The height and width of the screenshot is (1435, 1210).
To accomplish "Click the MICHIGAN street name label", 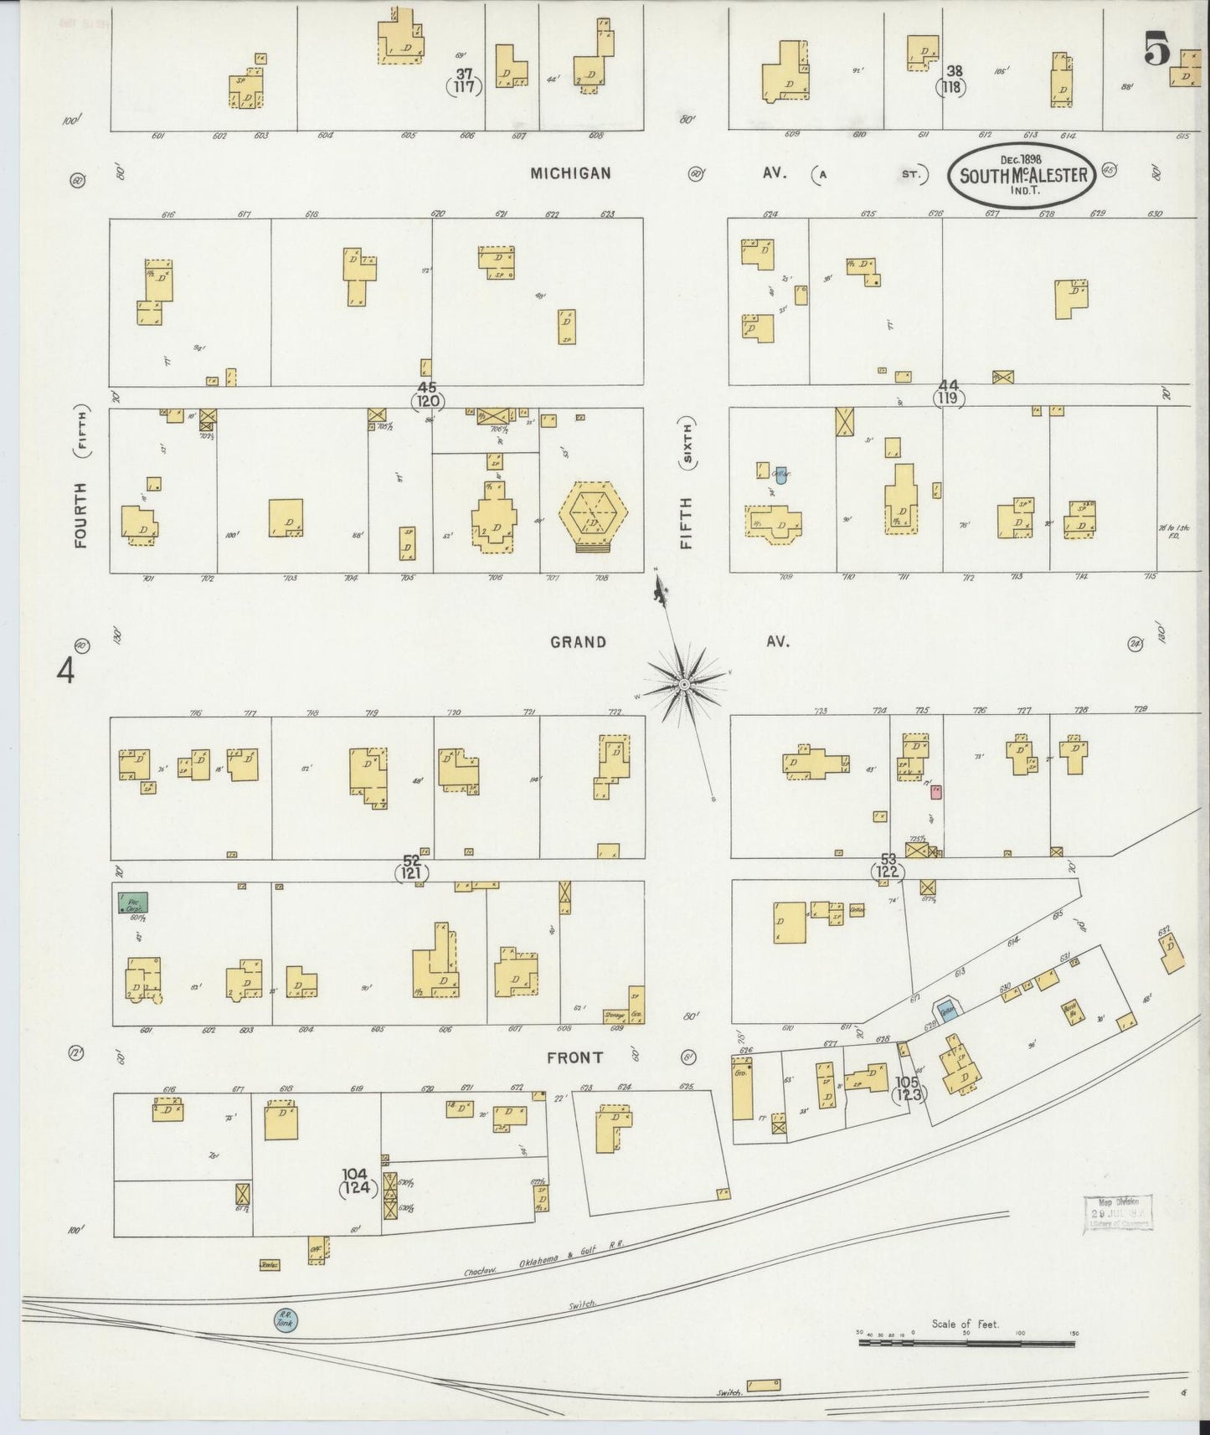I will tap(569, 173).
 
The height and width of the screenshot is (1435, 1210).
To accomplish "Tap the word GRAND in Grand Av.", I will tap(578, 642).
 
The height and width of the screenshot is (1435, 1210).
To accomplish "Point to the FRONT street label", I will tap(574, 1057).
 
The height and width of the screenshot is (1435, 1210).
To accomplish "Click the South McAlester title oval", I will tap(1021, 175).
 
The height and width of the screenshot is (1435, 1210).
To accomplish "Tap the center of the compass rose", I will tap(685, 685).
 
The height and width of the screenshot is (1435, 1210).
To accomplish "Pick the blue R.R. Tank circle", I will tap(286, 1320).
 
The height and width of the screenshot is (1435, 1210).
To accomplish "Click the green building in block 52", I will tap(132, 903).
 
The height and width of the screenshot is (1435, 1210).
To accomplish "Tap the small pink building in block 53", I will tap(936, 790).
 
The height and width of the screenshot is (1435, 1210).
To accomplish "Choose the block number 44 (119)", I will tap(948, 393).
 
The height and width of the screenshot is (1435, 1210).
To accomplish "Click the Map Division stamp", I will tap(1117, 1211).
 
